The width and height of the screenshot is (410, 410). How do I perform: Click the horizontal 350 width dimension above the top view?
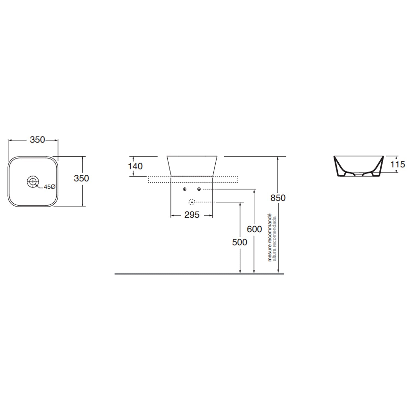coord(37,140)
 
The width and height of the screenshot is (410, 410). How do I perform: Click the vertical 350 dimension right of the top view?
coord(81,178)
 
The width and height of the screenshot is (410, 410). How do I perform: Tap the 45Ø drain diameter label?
coord(49,187)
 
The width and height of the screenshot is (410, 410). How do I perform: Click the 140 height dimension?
coord(135,166)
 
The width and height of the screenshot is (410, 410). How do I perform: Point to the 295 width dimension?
coord(192,215)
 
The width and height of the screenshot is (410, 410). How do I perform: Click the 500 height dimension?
coord(239,242)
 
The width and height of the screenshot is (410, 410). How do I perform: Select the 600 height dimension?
coord(254,229)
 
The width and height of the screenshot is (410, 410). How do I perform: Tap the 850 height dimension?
coord(278,198)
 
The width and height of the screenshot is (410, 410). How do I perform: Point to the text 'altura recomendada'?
coord(275,239)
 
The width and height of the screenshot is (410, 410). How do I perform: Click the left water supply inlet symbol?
coord(185,189)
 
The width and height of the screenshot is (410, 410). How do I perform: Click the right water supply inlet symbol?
coord(199,189)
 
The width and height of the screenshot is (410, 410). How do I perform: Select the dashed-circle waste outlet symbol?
coord(192,202)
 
